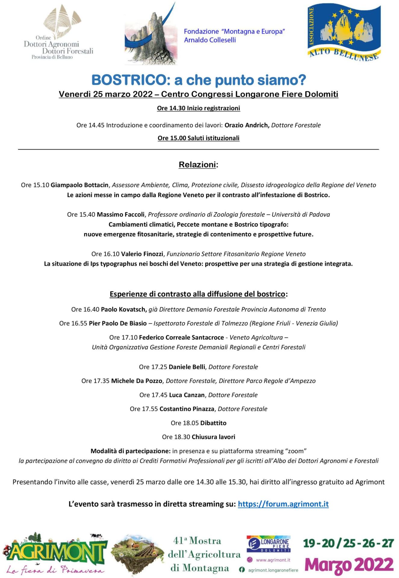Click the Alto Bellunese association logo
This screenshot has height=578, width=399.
344,33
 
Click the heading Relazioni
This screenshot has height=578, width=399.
198,165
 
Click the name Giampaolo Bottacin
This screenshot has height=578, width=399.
79,185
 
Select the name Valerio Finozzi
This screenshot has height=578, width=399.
142,254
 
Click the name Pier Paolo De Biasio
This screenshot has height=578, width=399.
118,323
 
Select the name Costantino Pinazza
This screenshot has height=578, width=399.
187,409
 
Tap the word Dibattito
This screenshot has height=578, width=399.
213,423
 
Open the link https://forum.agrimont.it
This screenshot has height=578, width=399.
283,504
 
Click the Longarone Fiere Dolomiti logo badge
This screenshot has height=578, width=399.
269,544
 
